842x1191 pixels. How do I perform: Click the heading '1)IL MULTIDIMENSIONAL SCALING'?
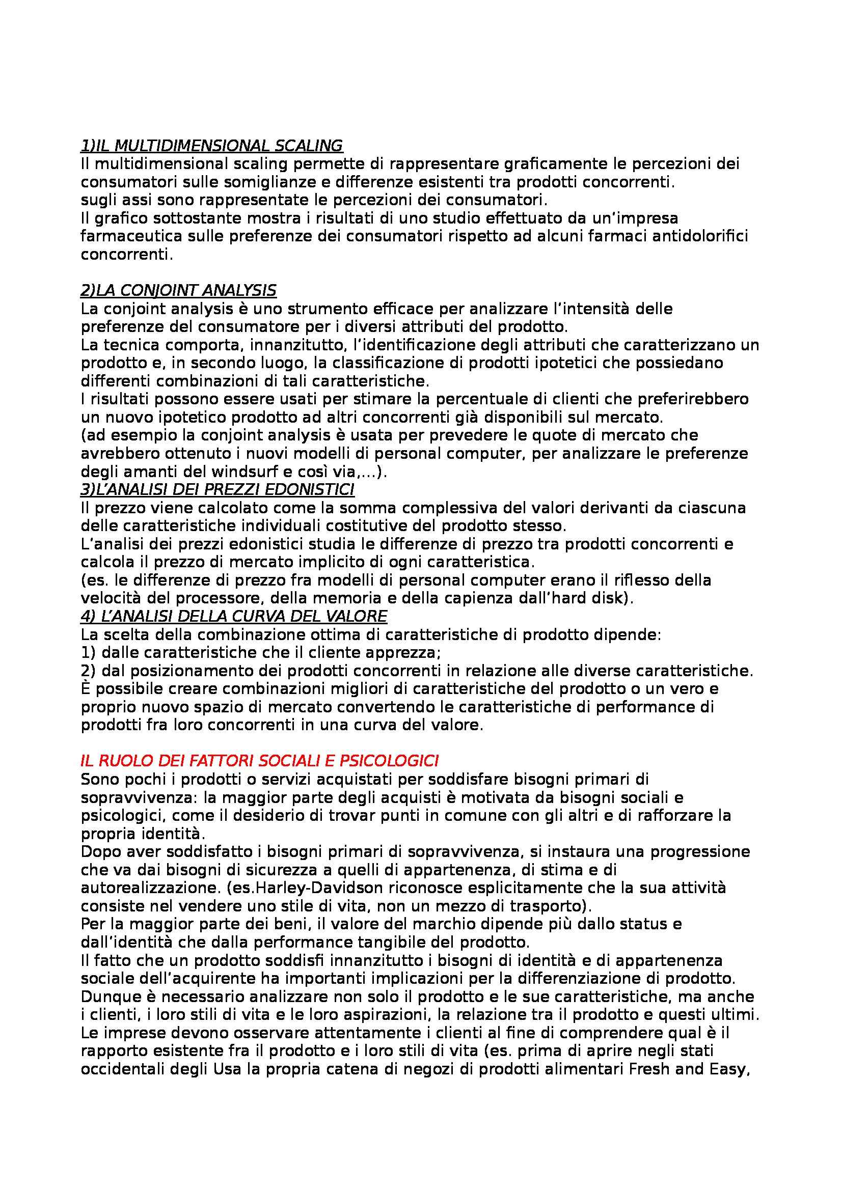point(212,146)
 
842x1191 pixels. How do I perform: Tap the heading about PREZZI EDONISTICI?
point(218,489)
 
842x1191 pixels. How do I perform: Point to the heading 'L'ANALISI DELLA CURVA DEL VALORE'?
point(234,616)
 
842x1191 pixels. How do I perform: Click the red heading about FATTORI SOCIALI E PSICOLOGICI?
point(260,761)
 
